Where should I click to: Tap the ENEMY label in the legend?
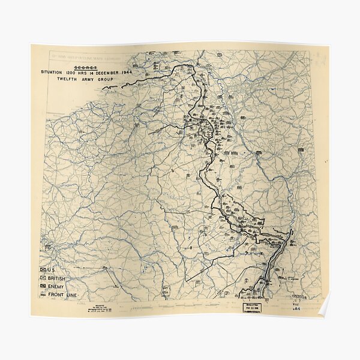57,287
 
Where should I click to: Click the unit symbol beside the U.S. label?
44,269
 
